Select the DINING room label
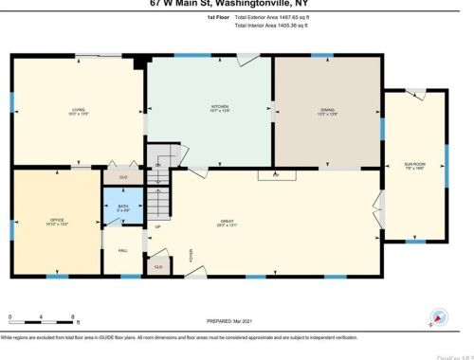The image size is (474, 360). (326, 110)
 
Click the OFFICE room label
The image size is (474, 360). (56, 222)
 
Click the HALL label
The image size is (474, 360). (121, 250)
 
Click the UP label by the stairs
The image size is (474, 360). (157, 227)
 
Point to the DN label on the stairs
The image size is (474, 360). (158, 165)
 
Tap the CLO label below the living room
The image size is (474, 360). (123, 176)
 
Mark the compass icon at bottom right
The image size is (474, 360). (438, 317)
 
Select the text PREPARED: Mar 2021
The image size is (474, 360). (232, 322)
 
